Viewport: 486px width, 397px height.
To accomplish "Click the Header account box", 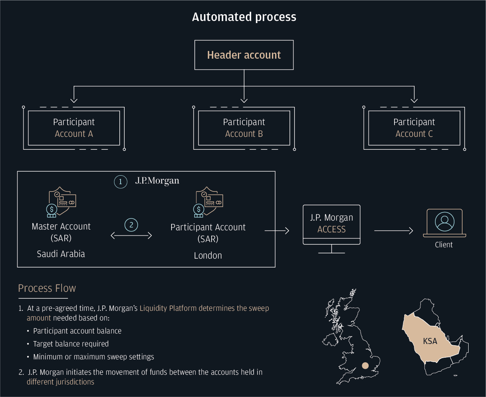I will tap(244, 55).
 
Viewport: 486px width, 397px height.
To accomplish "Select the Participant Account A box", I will tap(74, 128).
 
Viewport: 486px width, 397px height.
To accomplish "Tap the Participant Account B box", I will tap(244, 128).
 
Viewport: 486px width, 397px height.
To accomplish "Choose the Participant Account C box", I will tap(414, 128).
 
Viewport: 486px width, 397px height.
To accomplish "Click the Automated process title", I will tap(244, 17).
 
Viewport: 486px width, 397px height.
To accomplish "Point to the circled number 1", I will tap(120, 182).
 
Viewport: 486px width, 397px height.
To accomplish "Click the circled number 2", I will tap(131, 225).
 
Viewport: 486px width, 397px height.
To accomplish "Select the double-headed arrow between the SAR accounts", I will tap(131, 236).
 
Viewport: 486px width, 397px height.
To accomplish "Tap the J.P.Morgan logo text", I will tap(157, 181).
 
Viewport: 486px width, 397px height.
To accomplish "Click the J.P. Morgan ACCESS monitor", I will tap(331, 225).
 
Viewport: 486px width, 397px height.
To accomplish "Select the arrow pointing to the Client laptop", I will tap(393, 231).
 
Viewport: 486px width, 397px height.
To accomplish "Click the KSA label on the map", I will tap(430, 341).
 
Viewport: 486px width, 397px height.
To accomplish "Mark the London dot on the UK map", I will tap(365, 365).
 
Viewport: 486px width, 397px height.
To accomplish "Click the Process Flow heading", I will tap(47, 288).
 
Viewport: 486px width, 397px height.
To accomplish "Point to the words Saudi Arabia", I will tap(61, 254).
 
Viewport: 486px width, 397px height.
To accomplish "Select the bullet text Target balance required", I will tap(71, 344).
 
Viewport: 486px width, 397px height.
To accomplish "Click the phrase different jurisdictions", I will tap(60, 382).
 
